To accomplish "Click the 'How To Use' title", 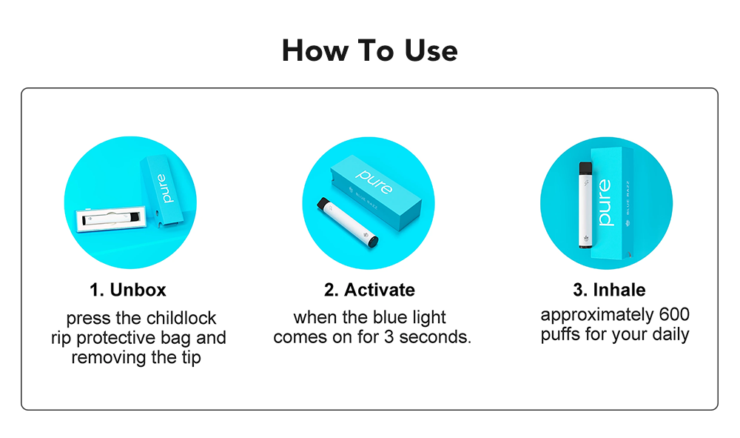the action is coord(369,50).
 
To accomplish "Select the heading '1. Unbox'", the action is coord(128,290).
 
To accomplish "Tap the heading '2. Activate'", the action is coord(369,290).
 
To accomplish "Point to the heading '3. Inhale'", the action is coord(609,290).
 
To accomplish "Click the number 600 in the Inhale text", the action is coord(674,314).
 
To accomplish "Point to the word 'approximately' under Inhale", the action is coord(597,315).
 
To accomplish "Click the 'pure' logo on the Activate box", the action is coord(374,182).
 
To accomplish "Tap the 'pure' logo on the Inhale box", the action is coord(604,202).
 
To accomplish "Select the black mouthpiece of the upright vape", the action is coord(585,168).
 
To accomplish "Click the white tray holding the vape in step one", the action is coord(112,219).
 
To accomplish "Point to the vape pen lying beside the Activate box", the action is coord(347,222).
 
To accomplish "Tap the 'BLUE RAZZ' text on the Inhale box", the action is coord(628,197).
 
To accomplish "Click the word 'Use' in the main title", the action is coord(431,50).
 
